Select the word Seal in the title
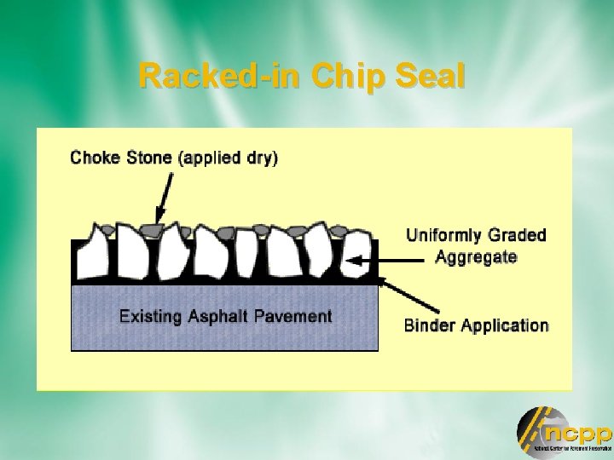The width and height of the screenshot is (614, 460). coord(430,77)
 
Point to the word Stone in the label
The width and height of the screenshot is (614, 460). coord(148,158)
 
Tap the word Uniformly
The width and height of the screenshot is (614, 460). coord(448,235)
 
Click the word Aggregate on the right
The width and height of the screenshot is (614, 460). coord(476,257)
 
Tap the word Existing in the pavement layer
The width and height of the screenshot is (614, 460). coord(150,316)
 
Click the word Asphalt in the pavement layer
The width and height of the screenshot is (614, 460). coord(217,316)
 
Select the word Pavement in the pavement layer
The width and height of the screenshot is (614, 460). coord(291,316)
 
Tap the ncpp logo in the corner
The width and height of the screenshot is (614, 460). coord(563,431)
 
